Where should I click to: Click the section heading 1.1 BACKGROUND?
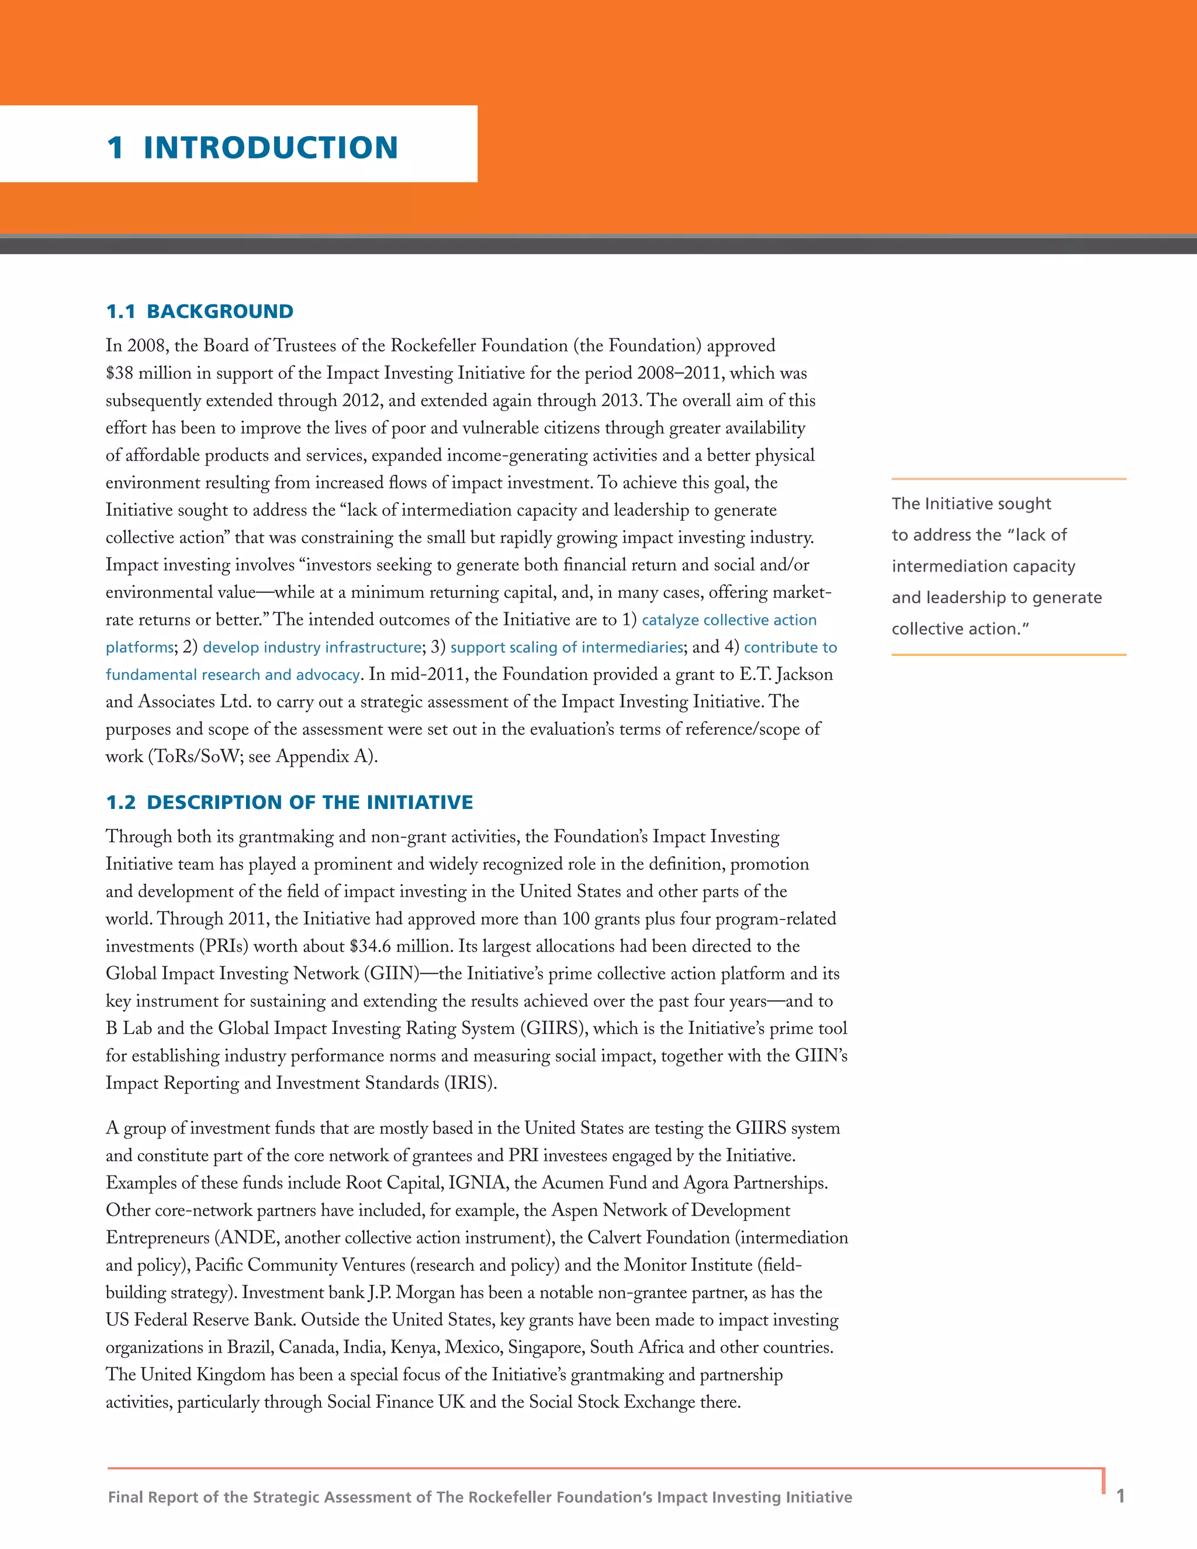[199, 312]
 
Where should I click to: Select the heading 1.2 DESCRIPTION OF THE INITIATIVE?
[289, 802]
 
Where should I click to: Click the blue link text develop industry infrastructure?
[312, 648]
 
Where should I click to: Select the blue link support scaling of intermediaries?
[566, 648]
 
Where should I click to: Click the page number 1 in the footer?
[1120, 1496]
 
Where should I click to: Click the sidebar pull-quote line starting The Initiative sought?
[971, 503]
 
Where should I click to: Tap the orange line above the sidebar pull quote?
[1008, 479]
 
